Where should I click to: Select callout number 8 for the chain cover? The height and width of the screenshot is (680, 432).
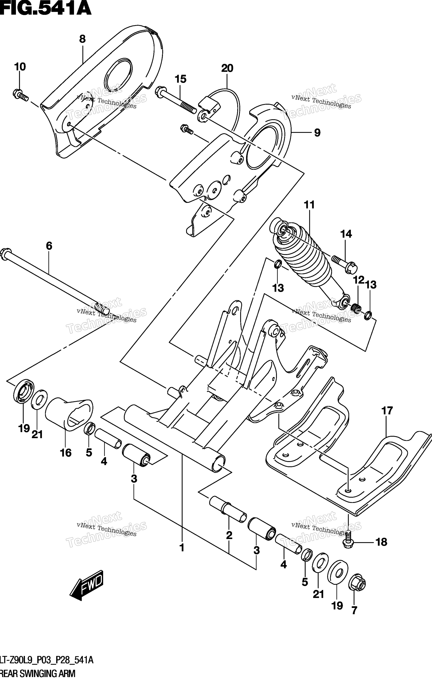(x=82, y=39)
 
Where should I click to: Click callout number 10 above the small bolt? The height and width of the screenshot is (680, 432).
(x=20, y=67)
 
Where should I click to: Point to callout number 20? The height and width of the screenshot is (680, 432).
(x=227, y=68)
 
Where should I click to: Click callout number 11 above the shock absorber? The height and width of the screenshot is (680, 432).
(x=309, y=205)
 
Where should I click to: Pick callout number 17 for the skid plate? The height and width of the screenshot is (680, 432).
(x=387, y=411)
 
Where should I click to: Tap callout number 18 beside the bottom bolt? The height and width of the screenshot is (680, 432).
(x=381, y=542)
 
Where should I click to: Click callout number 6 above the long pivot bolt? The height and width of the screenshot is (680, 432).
(x=49, y=246)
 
